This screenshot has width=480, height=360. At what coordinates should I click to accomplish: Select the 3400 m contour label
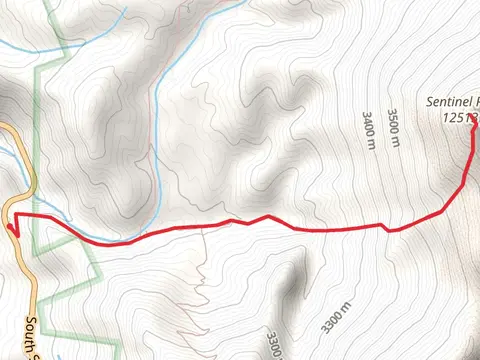[367, 127]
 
